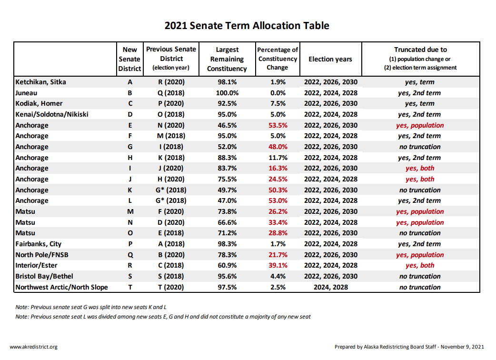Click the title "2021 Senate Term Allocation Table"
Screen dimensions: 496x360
click(247, 26)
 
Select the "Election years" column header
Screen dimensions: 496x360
click(330, 59)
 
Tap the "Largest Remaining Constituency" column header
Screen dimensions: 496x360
click(227, 59)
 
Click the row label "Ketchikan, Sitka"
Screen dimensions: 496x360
click(41, 82)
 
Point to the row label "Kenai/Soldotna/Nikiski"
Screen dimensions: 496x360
click(52, 114)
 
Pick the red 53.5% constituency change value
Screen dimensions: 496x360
click(278, 125)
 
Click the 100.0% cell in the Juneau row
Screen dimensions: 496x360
click(227, 93)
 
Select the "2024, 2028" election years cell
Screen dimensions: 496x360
click(330, 287)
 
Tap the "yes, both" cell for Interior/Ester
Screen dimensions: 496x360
click(420, 265)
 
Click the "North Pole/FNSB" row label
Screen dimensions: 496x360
click(42, 255)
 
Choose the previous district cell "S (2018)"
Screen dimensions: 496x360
click(171, 277)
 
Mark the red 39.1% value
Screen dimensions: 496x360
click(278, 265)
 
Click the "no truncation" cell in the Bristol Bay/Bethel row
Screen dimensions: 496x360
click(420, 277)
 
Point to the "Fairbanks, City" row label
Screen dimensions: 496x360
click(38, 244)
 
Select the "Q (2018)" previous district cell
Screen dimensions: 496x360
click(171, 93)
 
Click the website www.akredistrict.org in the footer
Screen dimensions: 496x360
click(33, 347)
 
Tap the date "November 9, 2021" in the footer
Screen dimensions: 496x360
click(462, 347)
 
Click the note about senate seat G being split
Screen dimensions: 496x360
click(91, 307)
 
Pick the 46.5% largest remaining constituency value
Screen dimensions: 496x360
click(227, 125)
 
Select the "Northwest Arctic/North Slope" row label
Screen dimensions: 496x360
click(62, 287)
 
